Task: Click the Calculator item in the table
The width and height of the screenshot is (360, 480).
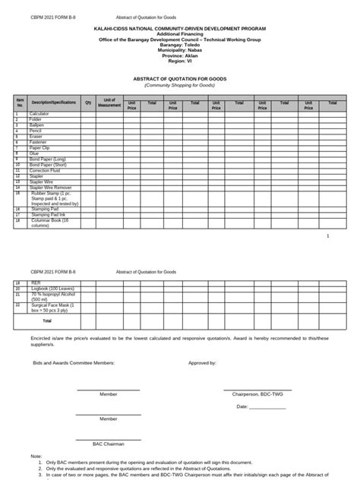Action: (39, 114)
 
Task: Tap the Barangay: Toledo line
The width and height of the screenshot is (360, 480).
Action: (179, 44)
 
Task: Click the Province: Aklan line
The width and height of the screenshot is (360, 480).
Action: (179, 55)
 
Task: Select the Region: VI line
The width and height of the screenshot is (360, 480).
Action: (179, 60)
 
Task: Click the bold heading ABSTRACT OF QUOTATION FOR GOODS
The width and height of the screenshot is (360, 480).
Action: (180, 79)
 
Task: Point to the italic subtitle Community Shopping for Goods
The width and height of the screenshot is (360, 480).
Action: (180, 85)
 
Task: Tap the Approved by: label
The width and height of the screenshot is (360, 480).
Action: (203, 364)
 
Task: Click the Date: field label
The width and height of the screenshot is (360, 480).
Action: (242, 407)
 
